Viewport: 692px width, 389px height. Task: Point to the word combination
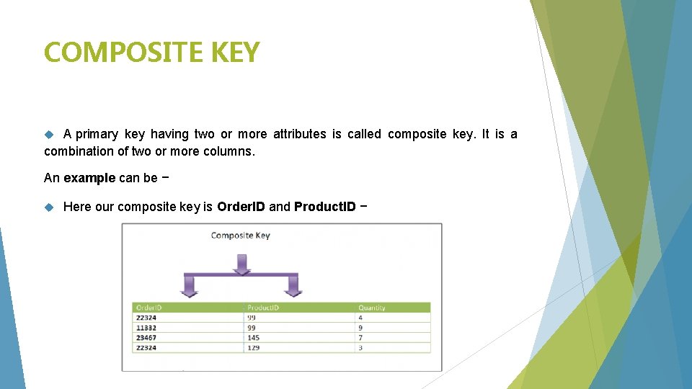coord(79,151)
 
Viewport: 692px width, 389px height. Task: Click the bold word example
coord(89,178)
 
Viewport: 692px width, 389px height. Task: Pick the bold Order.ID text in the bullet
coord(241,207)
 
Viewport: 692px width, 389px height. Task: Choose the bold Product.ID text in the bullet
coord(324,207)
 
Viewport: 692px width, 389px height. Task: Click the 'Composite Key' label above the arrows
coord(240,236)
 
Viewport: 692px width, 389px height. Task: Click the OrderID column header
coord(149,308)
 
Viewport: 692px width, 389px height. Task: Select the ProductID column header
coord(263,308)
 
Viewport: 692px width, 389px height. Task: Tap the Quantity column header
coord(372,308)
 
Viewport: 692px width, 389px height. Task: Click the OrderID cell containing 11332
coord(146,328)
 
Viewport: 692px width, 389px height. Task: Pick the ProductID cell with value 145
coord(254,338)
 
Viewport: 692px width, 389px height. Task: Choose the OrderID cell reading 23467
coord(146,338)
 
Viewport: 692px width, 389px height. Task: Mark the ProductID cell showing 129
coord(254,348)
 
